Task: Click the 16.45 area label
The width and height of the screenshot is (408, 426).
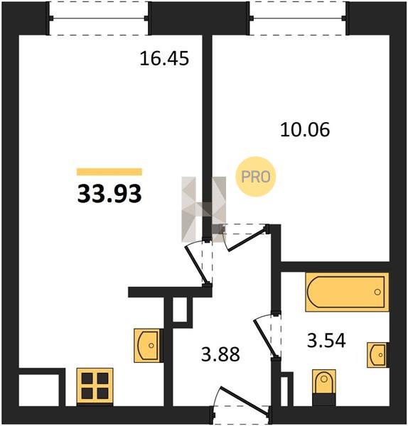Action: coord(164,59)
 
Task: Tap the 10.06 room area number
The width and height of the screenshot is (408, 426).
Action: coord(305,130)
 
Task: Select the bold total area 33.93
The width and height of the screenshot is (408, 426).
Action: coord(109,194)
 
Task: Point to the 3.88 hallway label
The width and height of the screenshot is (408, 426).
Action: coord(220,354)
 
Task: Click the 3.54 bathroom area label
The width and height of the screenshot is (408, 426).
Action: coord(326,341)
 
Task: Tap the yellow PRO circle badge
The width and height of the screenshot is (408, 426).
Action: coord(256,177)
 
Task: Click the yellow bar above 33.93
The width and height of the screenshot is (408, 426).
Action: coord(109,172)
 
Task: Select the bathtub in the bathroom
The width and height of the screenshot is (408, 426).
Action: coord(347,292)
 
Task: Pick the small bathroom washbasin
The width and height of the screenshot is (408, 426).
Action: coord(378,355)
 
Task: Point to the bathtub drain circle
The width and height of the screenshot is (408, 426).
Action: coord(377,292)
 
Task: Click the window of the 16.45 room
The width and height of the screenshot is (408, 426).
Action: coord(99,18)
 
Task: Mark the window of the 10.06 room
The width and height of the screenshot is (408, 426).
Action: coord(299,18)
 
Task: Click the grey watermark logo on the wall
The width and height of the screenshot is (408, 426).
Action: coord(204,209)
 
